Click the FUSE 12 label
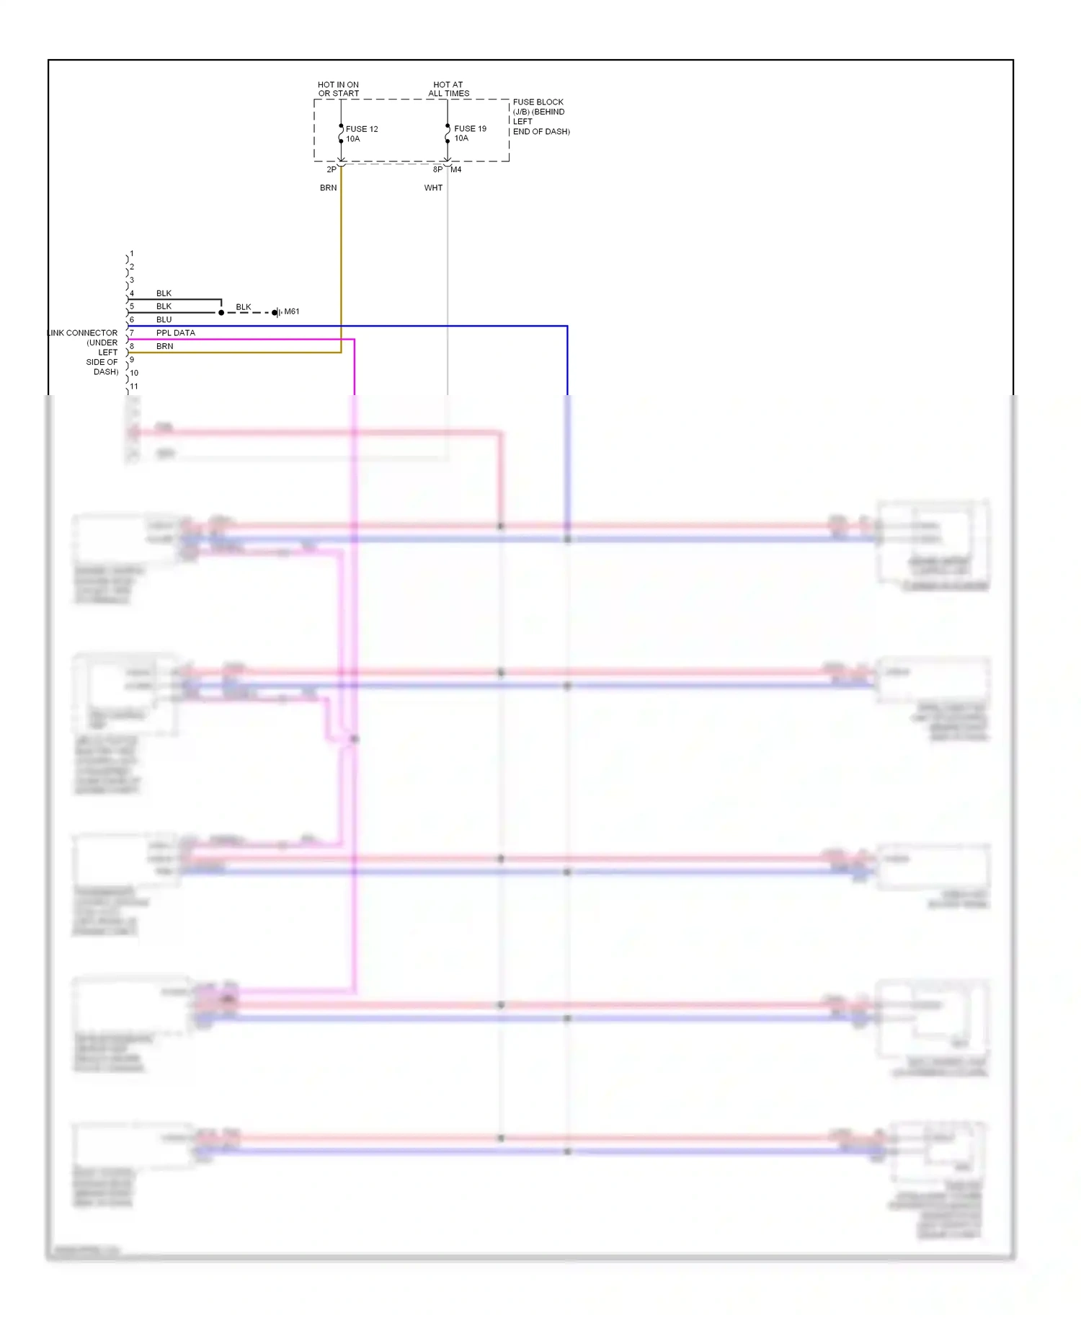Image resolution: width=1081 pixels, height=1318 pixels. tap(362, 129)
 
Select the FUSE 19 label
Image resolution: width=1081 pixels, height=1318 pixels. tap(470, 128)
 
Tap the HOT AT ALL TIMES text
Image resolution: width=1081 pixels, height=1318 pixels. tap(448, 89)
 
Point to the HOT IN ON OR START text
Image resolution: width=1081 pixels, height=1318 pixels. tap(338, 89)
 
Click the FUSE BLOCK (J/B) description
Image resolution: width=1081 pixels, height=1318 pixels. tap(540, 117)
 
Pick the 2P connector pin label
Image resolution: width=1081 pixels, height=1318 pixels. tap(332, 169)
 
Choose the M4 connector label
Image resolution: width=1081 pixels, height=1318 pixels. tap(456, 169)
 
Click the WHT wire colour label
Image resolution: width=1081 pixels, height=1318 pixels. tap(433, 187)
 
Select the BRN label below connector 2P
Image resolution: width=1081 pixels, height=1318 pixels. tap(328, 187)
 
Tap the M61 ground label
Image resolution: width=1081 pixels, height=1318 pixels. tap(291, 311)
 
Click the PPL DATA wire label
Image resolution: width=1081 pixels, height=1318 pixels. tap(175, 332)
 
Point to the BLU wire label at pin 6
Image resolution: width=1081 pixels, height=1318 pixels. tap(164, 319)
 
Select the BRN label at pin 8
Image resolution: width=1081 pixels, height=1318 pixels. tap(164, 346)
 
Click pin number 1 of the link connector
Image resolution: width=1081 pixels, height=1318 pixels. tap(132, 254)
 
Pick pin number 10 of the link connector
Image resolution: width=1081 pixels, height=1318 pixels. tap(134, 373)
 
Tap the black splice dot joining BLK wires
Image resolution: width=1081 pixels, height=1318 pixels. tap(221, 312)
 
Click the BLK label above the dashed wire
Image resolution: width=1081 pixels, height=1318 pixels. tap(244, 306)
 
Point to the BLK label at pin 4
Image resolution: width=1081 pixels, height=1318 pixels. tap(164, 293)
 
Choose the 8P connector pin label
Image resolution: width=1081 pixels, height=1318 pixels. tap(437, 169)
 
